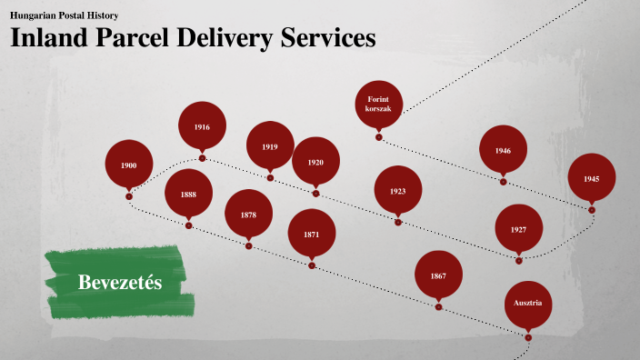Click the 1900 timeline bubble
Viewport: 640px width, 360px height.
coord(129,165)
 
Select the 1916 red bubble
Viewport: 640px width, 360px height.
coord(202,126)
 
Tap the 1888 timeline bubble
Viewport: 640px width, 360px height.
coord(188,194)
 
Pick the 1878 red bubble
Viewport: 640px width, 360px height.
coord(248,215)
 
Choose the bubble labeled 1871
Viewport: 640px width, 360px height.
coord(312,235)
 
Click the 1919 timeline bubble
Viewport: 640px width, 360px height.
coord(270,146)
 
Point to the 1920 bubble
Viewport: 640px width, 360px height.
coord(315,162)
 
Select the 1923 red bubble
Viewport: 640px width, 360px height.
coord(397,191)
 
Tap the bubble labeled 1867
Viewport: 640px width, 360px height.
coord(438,275)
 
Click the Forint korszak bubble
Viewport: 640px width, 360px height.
coord(378,103)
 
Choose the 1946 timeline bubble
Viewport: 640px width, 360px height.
coord(503,150)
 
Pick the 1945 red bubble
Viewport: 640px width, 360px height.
coord(592,178)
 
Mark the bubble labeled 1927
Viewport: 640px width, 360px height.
coord(518,229)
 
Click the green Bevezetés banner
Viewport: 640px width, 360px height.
coord(120,282)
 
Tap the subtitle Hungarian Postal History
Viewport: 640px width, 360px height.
coord(64,15)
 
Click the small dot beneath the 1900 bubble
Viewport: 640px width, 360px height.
coord(129,196)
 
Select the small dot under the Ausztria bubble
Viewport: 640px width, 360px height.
coord(528,338)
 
